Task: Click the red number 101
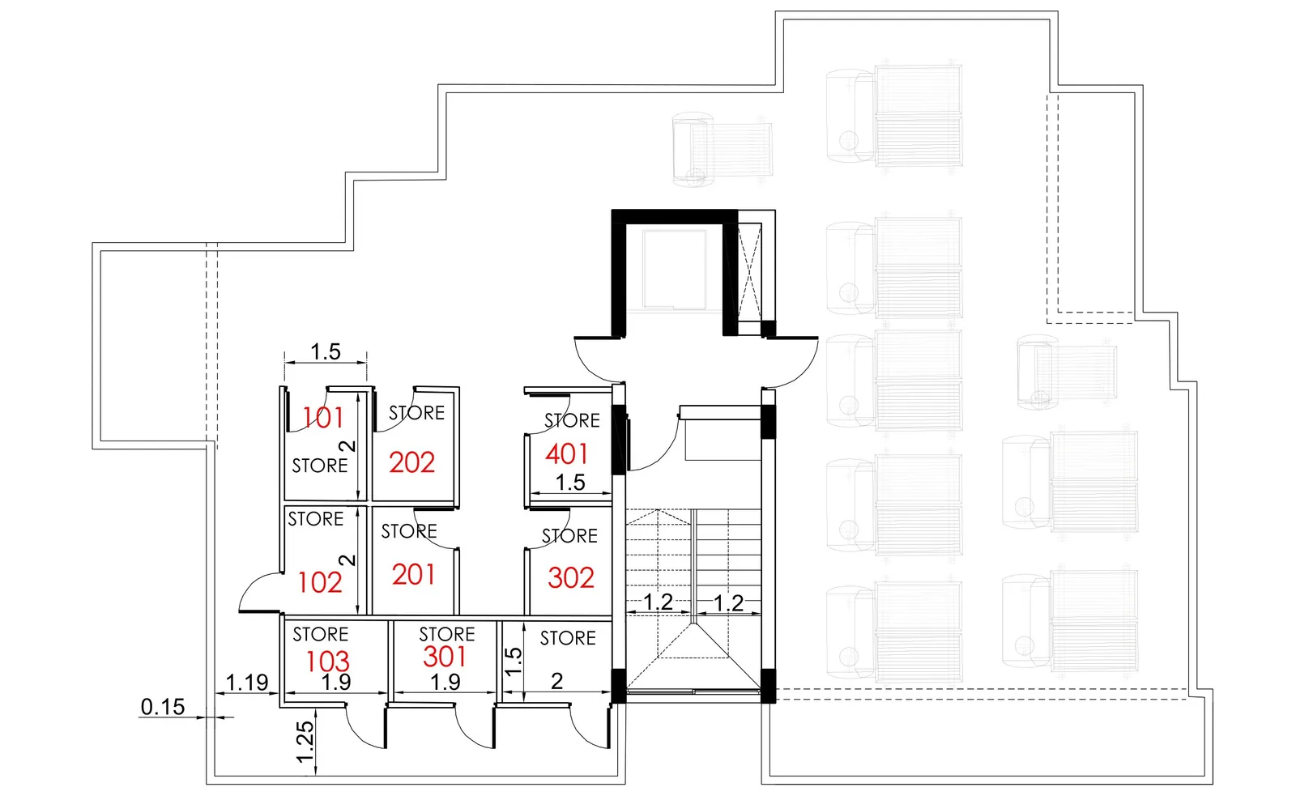click(x=323, y=418)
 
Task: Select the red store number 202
click(x=411, y=463)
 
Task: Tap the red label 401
click(x=566, y=454)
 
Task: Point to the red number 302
click(x=570, y=578)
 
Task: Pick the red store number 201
click(x=413, y=575)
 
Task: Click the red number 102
click(x=320, y=582)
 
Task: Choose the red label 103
click(x=327, y=662)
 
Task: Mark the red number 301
click(x=445, y=657)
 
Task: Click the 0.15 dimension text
click(x=163, y=706)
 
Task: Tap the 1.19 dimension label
click(x=247, y=683)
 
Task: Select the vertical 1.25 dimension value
click(x=305, y=742)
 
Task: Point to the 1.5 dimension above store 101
click(x=326, y=351)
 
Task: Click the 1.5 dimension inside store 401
click(x=570, y=483)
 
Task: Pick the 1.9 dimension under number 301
click(x=446, y=683)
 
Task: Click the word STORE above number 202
click(x=416, y=413)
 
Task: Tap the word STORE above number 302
click(x=569, y=536)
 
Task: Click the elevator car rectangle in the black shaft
click(x=674, y=270)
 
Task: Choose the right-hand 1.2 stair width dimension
click(x=728, y=602)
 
